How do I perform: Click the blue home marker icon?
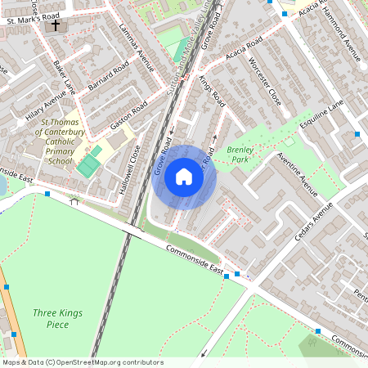(184, 176)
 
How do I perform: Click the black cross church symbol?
(56, 25)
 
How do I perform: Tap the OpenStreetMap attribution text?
(82, 362)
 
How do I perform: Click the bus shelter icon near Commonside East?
(75, 200)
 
